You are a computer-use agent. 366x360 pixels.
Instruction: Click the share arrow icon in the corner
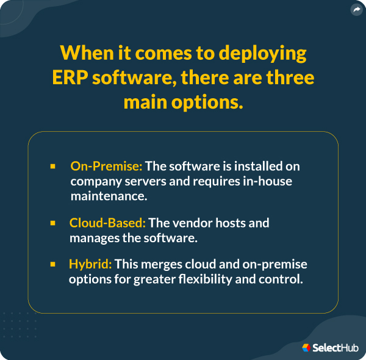356,10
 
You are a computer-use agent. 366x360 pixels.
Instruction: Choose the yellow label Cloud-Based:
107,223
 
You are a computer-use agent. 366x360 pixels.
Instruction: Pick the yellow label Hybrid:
90,264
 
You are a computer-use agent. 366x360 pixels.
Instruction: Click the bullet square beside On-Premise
53,166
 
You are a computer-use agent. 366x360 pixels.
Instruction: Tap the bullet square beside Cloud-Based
53,223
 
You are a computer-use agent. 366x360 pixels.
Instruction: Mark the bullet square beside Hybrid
53,264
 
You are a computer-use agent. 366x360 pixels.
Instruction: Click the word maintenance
107,196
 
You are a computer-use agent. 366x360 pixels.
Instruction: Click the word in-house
273,181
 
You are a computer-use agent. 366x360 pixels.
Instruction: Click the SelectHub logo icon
306,347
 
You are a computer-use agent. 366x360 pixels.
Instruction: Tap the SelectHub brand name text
335,348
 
